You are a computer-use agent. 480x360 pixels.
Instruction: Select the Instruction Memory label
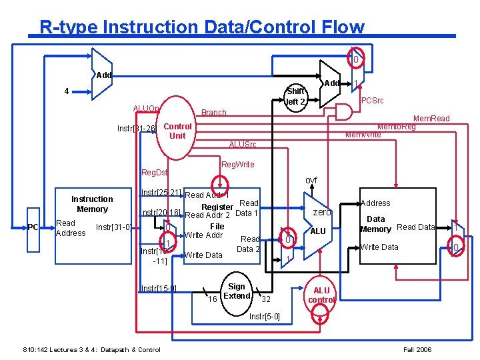coord(92,204)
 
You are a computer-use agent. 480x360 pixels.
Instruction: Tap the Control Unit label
coord(177,131)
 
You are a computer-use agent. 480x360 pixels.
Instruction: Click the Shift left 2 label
coord(295,97)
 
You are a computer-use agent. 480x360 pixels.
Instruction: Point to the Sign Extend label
coord(237,291)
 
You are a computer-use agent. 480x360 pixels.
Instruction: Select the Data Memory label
coord(375,224)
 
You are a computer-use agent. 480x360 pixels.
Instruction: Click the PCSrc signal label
coord(373,101)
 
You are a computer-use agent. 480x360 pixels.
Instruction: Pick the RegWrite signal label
coord(237,164)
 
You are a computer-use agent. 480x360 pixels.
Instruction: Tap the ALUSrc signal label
coord(242,145)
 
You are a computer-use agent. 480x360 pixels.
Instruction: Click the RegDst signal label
coord(155,173)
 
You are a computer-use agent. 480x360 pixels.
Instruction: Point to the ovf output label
coord(311,180)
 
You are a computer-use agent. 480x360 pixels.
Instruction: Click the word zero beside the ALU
coord(322,211)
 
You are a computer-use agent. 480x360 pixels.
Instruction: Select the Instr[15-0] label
coord(159,288)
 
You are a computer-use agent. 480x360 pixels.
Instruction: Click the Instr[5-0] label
coord(265,316)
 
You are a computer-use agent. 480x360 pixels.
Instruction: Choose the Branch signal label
coord(214,113)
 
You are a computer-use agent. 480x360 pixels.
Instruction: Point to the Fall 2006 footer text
coord(418,349)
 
